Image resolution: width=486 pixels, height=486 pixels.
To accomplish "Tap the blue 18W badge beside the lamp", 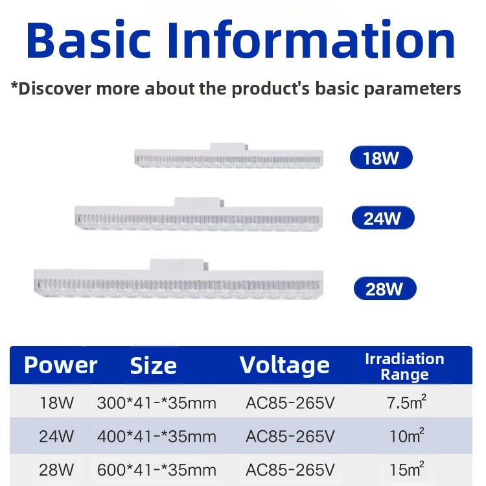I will (381, 157).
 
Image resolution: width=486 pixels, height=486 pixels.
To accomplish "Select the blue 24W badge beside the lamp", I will (382, 218).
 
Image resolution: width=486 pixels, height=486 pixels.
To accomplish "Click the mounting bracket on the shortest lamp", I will (229, 146).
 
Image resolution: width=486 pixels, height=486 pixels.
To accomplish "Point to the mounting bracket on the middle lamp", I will (198, 202).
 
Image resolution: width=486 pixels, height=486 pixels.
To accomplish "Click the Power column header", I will (60, 365).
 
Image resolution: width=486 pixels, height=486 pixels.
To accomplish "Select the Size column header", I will (154, 365).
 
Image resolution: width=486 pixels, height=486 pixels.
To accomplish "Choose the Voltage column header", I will (284, 365).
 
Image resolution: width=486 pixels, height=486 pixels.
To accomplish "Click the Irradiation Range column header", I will (404, 366).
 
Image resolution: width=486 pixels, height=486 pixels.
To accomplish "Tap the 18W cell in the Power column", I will (57, 403).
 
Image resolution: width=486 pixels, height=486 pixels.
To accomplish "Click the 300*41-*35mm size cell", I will (156, 403).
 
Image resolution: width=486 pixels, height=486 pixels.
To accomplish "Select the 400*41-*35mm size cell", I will (156, 436).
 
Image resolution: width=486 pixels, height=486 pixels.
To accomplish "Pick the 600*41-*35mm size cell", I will (156, 469).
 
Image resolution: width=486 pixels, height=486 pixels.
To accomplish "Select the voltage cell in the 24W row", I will (290, 436).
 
